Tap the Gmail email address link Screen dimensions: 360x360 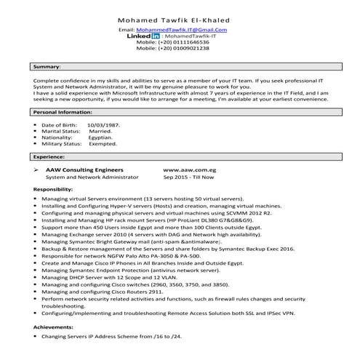coord(187,30)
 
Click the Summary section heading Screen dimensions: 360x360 coord(47,66)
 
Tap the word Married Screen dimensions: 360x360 coord(100,131)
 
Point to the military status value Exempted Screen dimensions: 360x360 coord(103,144)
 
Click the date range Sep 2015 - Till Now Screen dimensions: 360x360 coord(188,177)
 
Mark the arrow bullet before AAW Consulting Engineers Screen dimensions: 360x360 coord(37,169)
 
